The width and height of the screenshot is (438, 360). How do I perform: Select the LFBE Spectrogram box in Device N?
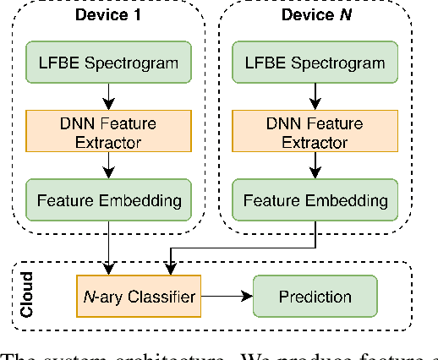315,63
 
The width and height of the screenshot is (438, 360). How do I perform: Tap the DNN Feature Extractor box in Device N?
315,132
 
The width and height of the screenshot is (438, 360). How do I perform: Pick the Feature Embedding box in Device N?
315,200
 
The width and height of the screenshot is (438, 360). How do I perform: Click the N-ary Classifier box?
139,297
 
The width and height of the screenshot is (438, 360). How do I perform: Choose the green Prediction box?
315,297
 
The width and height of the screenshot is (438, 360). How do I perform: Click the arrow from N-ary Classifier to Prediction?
227,297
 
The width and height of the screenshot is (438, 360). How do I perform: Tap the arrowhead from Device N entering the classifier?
172,270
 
